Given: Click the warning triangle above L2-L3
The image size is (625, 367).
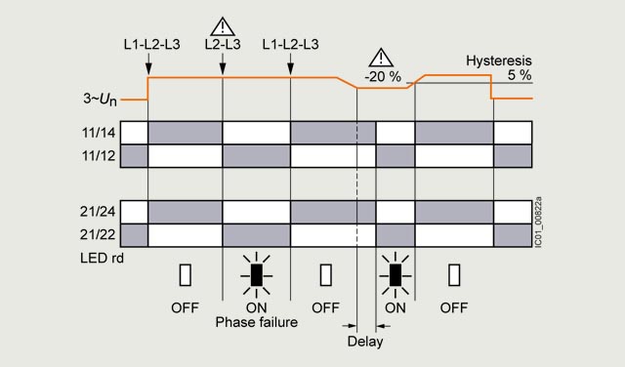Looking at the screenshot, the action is [223, 26].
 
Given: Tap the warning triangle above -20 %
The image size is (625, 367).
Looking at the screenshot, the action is [381, 58].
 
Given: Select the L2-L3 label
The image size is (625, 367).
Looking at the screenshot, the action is [223, 44].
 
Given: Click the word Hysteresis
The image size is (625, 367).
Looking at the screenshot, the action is [499, 61].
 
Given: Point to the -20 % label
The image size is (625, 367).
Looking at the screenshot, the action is [383, 76].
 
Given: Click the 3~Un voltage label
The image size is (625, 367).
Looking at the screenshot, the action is [100, 99].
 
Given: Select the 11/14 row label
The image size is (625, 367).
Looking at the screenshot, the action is [99, 133].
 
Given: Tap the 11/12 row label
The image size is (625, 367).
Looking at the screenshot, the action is [99, 155].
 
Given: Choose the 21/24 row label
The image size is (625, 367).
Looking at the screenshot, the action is [98, 211].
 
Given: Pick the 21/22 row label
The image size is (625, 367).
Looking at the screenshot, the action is [98, 234].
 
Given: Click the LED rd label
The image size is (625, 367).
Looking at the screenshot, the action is [102, 259].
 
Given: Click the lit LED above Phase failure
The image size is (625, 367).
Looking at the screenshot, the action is [256, 275].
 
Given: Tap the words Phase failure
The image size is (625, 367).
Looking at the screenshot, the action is [256, 322].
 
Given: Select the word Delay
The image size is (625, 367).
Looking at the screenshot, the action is [365, 342].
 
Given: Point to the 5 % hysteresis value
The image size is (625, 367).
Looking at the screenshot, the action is [520, 75].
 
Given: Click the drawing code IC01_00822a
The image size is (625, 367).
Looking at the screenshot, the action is [538, 222].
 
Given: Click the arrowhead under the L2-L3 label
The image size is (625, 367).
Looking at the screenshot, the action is [223, 69].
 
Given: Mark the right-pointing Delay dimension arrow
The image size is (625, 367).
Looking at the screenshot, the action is [350, 326].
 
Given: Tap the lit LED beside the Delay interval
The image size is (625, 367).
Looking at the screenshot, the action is [395, 275].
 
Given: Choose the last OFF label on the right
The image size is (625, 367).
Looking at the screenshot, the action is [454, 307].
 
